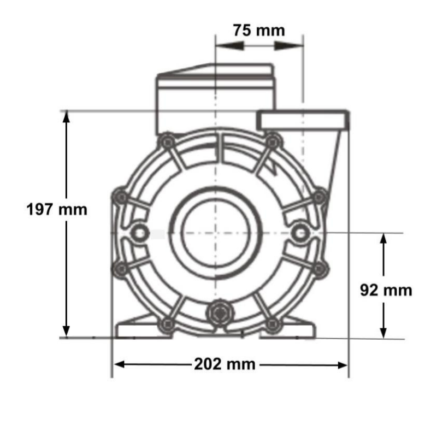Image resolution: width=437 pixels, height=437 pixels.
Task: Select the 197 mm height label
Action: click(57, 209)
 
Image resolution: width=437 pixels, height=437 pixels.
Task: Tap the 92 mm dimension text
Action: click(386, 290)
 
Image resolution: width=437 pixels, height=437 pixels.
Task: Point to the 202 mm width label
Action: click(225, 364)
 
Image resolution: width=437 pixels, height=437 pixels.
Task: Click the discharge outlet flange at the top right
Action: click(303, 120)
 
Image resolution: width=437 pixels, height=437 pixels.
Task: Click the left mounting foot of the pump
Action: click(139, 330)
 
